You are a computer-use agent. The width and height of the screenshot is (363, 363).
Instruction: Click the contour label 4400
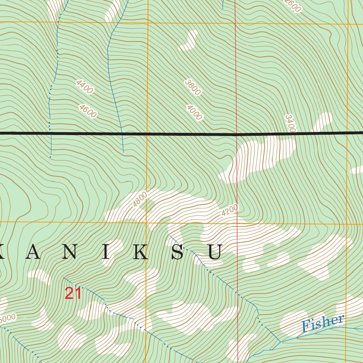pyautogui.click(x=84, y=87)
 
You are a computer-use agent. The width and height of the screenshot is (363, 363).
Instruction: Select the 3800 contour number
pyautogui.click(x=193, y=87)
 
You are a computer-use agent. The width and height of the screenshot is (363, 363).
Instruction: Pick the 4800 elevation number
pyautogui.click(x=139, y=199)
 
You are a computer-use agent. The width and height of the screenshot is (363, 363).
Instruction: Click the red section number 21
pyautogui.click(x=73, y=294)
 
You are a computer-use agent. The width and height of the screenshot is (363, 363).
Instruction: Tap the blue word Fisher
pyautogui.click(x=323, y=323)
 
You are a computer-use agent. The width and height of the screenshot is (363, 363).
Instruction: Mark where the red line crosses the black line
pyautogui.click(x=236, y=134)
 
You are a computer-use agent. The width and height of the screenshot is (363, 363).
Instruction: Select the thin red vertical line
pyautogui.click(x=236, y=71)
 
